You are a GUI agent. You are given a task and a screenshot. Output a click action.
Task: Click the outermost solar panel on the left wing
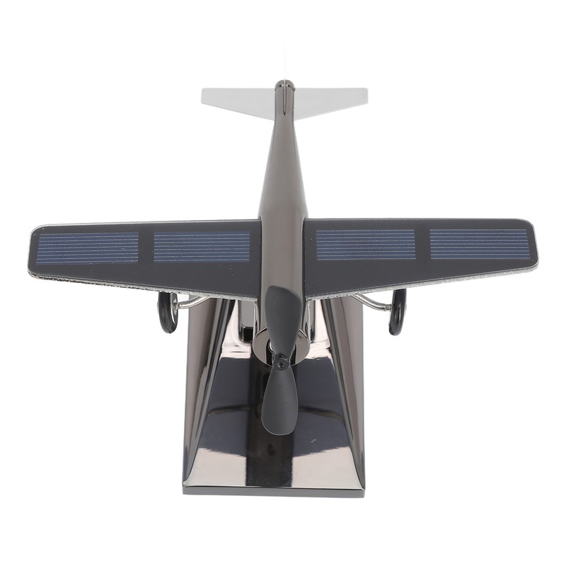[88, 248]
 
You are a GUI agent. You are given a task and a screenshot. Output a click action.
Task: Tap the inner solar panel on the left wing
[202, 247]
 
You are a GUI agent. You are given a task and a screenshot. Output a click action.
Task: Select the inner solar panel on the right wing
[365, 245]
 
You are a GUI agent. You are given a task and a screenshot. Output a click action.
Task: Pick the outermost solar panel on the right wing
[479, 243]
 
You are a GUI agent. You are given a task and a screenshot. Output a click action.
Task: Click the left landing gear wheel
[168, 313]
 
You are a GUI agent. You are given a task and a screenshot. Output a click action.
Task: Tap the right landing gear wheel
[398, 311]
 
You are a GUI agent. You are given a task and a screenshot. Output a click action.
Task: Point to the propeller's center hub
[282, 362]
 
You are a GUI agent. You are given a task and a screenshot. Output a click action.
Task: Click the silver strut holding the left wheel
[192, 303]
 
